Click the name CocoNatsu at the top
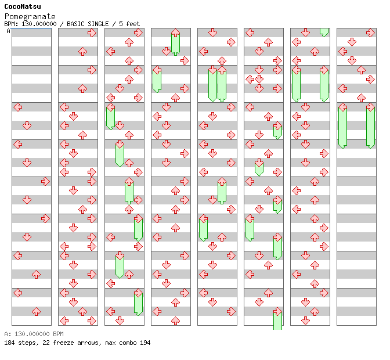tap(22, 6)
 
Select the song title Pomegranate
tap(30, 16)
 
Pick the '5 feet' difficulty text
tap(129, 24)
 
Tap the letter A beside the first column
tap(8, 31)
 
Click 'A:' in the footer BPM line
tap(7, 334)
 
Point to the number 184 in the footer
tap(9, 343)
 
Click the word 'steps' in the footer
tap(27, 343)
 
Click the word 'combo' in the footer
tap(125, 343)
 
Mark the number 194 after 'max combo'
tap(145, 343)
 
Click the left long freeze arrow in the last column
tap(342, 126)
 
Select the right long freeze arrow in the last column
tap(370, 126)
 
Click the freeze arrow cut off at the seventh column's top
tap(324, 32)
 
